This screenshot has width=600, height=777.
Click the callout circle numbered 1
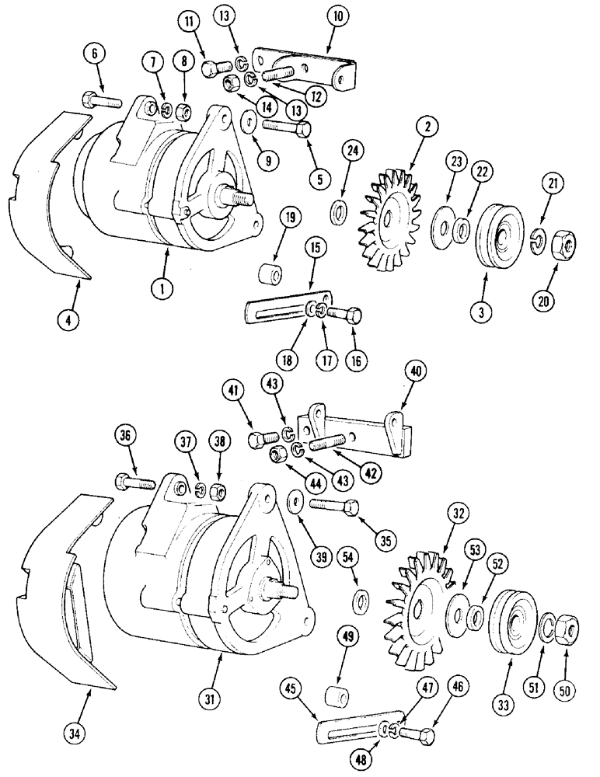[x=162, y=289]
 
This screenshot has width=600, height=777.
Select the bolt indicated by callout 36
[x=133, y=483]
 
